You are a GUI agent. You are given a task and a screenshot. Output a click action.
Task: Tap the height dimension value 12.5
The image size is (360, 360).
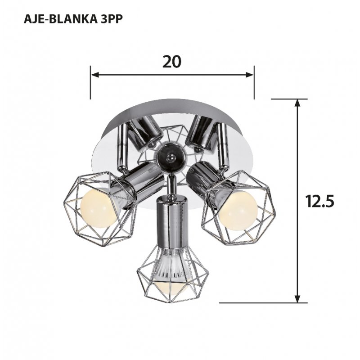(320, 201)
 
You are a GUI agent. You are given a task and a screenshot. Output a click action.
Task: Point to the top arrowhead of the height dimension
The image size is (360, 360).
(297, 103)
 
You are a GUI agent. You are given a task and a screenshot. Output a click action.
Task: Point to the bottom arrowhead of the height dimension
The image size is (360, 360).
(297, 298)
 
